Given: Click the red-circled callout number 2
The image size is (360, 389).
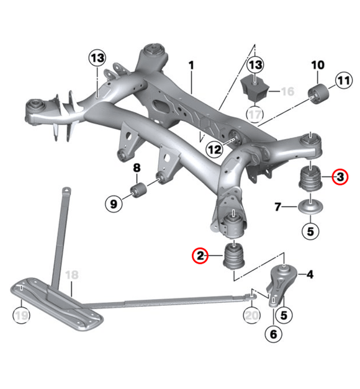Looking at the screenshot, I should tap(200, 254).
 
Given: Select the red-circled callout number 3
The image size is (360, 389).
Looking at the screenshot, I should tap(340, 177).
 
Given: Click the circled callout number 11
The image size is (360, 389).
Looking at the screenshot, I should tap(343, 79).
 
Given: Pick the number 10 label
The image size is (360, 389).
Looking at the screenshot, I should tap(317, 65).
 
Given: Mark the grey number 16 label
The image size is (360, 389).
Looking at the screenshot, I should tap(287, 92).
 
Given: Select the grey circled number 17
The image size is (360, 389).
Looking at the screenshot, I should tap(254, 114).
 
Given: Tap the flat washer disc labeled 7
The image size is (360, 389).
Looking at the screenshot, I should tap(310, 206).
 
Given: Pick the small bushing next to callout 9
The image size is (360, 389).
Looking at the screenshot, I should tap(137, 189).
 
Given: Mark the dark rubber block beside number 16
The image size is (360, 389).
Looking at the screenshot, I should tap(254, 87).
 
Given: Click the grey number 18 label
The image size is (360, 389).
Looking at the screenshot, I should tap(72, 275).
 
